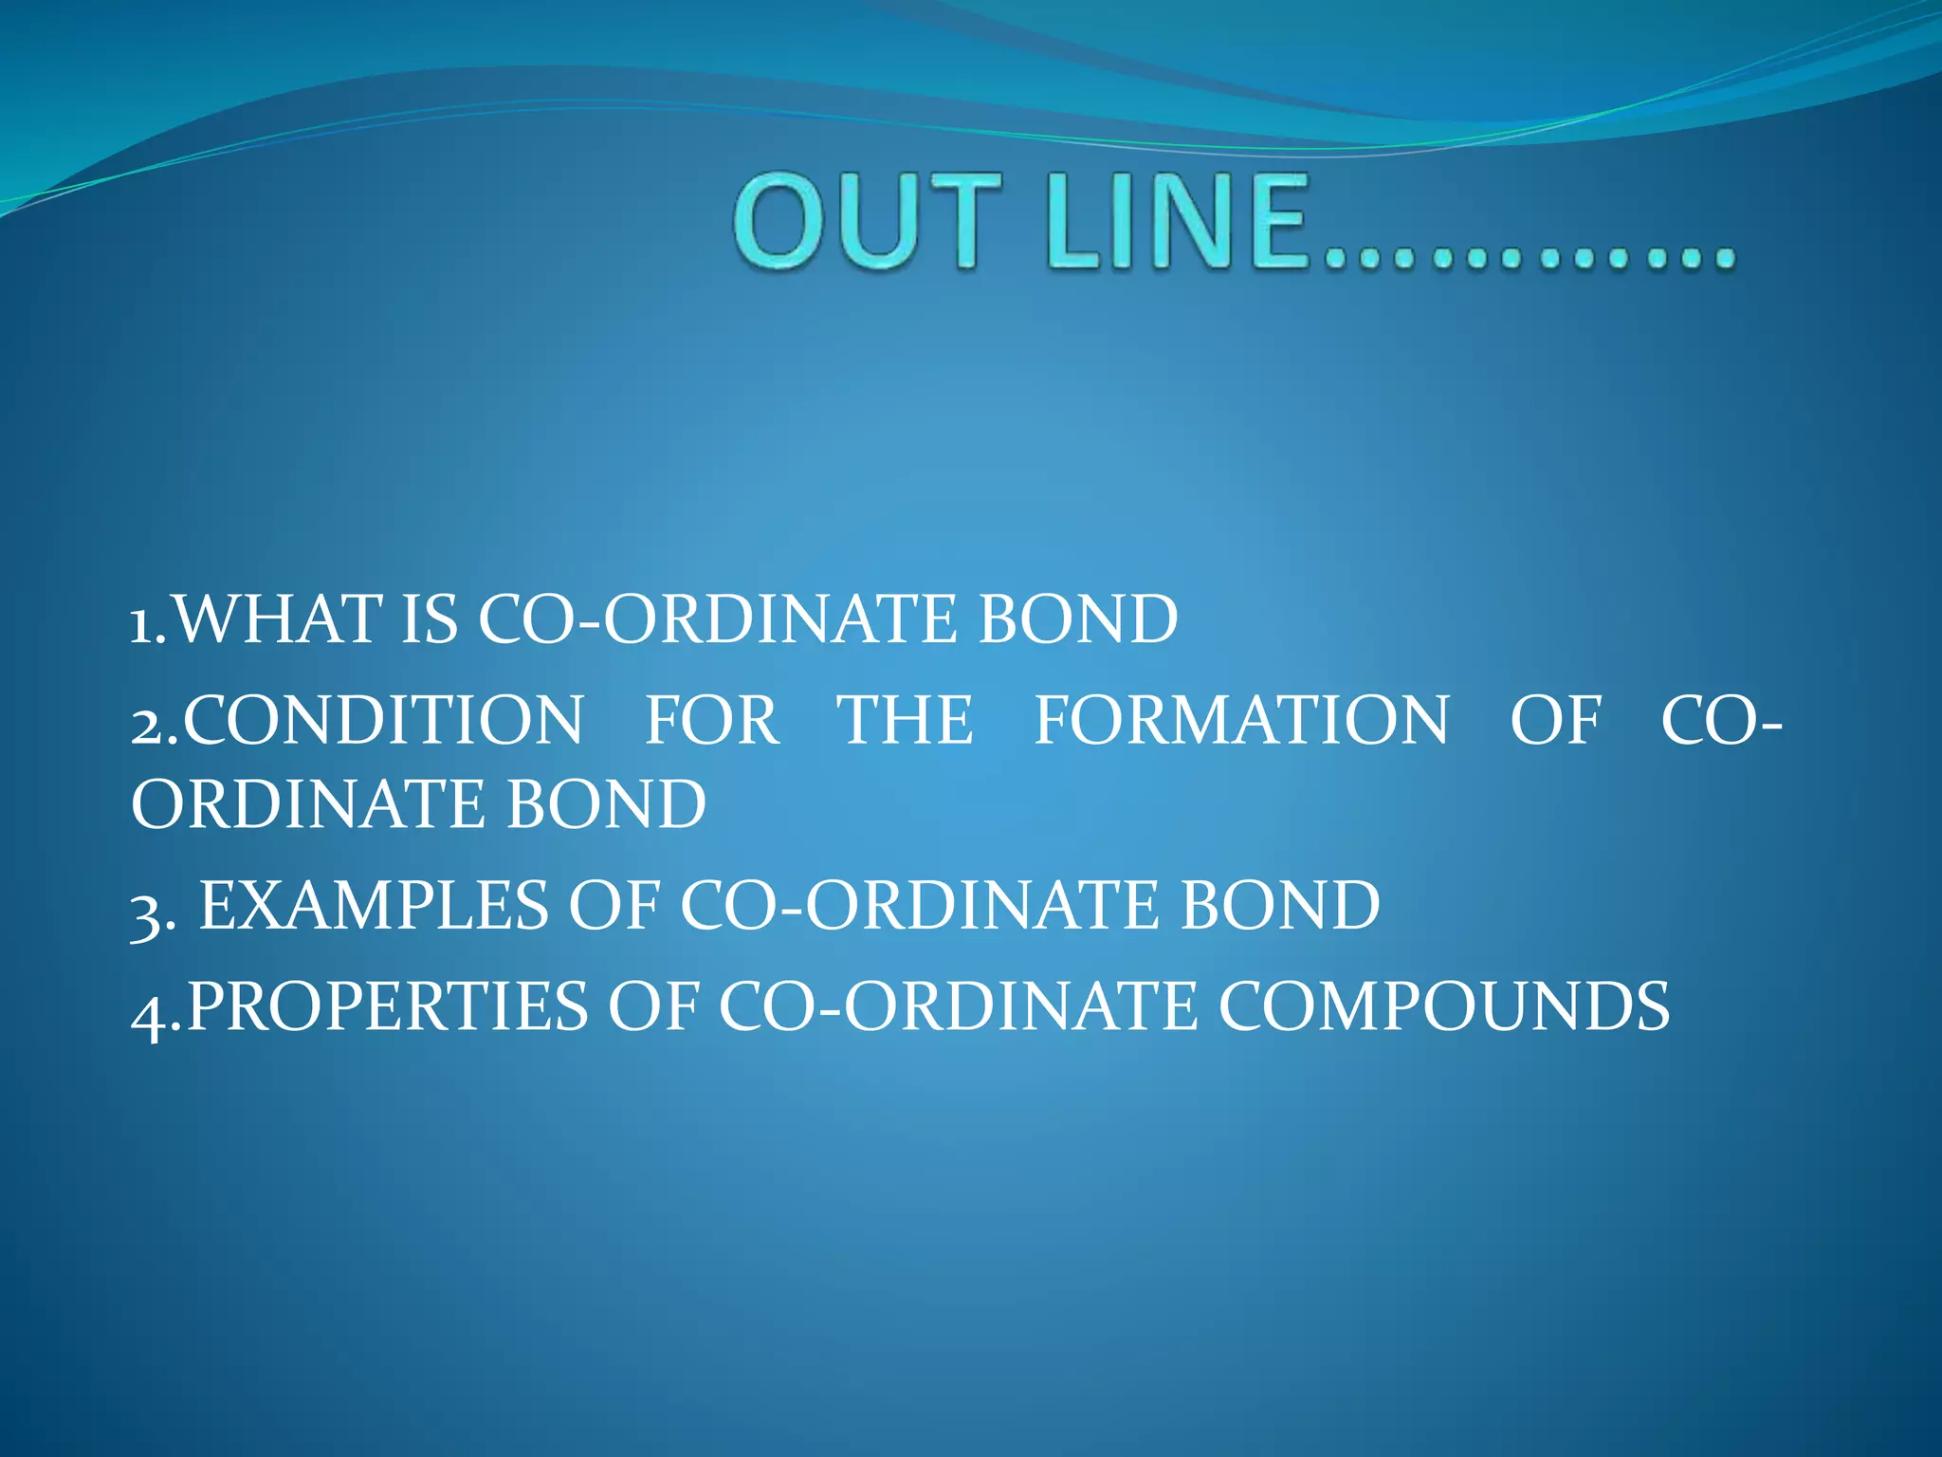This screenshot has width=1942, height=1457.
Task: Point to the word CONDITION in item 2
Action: click(383, 720)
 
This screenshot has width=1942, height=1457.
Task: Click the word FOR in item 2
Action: click(712, 720)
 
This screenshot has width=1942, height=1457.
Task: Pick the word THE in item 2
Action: click(905, 720)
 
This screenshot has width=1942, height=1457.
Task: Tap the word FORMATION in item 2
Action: click(1241, 720)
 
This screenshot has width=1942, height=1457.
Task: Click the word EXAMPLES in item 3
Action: click(374, 905)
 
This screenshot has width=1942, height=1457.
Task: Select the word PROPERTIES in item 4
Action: click(387, 1006)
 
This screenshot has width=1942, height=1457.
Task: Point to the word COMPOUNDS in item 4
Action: click(1443, 1006)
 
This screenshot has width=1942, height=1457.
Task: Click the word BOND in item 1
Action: click(1078, 619)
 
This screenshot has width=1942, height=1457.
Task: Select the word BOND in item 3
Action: click(1280, 905)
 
